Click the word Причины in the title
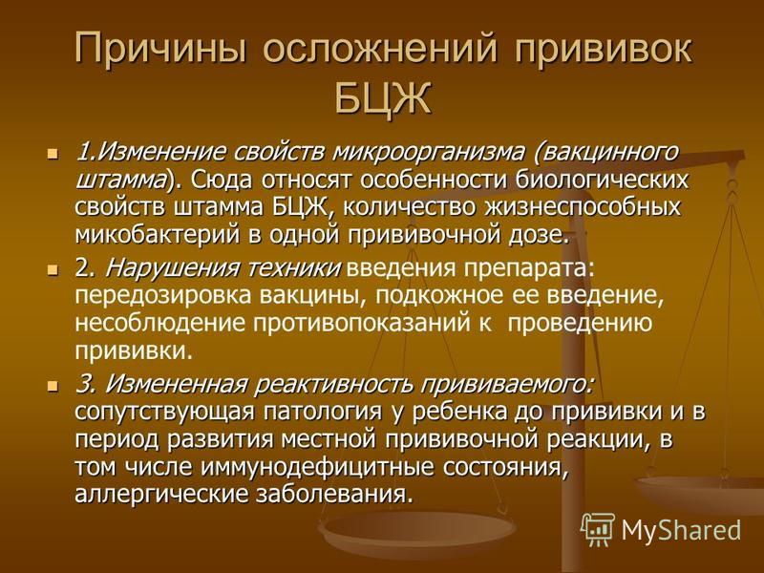160,49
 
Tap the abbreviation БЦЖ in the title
383,99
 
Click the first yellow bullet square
53,154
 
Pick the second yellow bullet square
53,269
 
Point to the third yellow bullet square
53,386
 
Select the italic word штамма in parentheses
120,180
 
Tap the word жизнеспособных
583,208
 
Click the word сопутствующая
164,413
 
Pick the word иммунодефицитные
317,468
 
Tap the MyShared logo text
681,530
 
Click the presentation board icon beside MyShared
597,529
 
